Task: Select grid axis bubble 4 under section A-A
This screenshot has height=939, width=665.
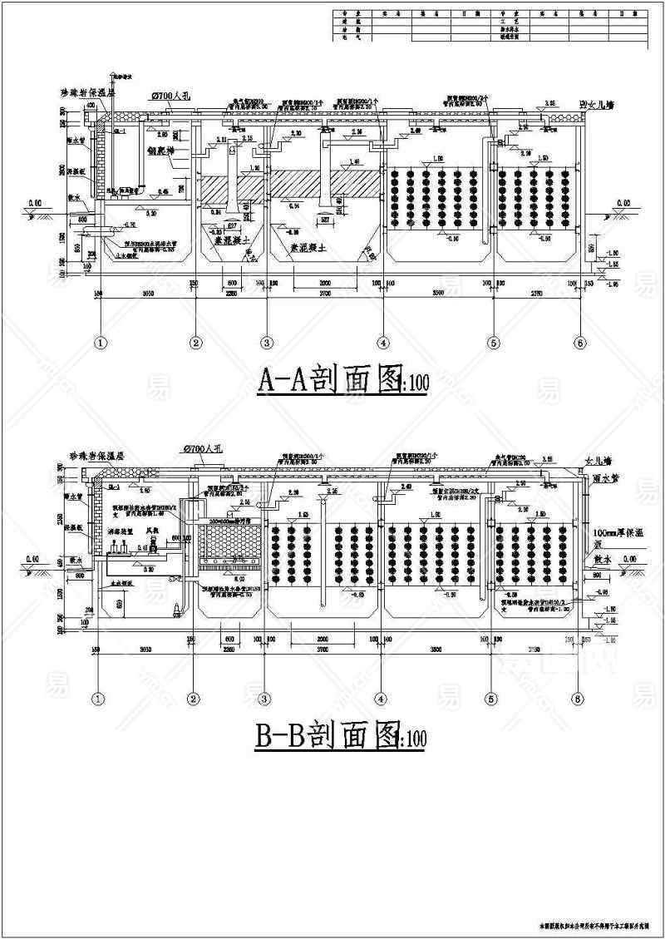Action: click(382, 342)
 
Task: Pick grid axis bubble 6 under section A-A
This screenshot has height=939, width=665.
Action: click(579, 342)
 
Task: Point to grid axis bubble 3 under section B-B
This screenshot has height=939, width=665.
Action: click(266, 698)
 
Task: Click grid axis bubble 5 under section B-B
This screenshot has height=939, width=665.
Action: click(491, 698)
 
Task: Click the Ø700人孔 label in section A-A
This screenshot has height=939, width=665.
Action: click(170, 96)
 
